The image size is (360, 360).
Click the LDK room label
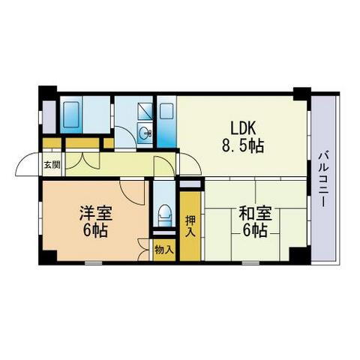tap(244, 127)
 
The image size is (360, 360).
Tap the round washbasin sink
tap(146, 135)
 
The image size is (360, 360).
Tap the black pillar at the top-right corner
tap(301, 94)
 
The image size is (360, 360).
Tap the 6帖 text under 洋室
tap(94, 230)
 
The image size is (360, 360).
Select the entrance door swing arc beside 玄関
tap(28, 163)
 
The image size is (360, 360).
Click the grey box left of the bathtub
tap(49, 115)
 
